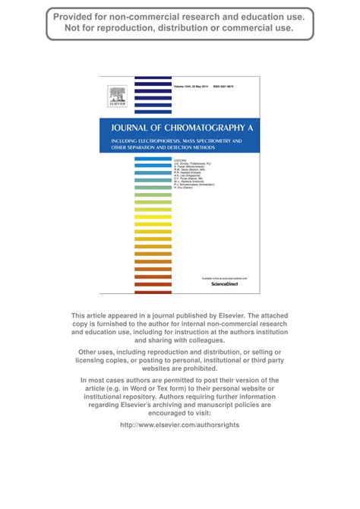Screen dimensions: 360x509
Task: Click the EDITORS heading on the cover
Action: click(180, 160)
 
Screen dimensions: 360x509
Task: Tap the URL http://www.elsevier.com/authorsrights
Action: click(180, 425)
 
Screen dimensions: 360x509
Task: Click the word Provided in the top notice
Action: click(75, 16)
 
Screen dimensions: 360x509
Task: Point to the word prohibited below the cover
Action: click(204, 368)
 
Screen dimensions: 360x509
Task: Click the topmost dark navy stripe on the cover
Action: click(153, 78)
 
